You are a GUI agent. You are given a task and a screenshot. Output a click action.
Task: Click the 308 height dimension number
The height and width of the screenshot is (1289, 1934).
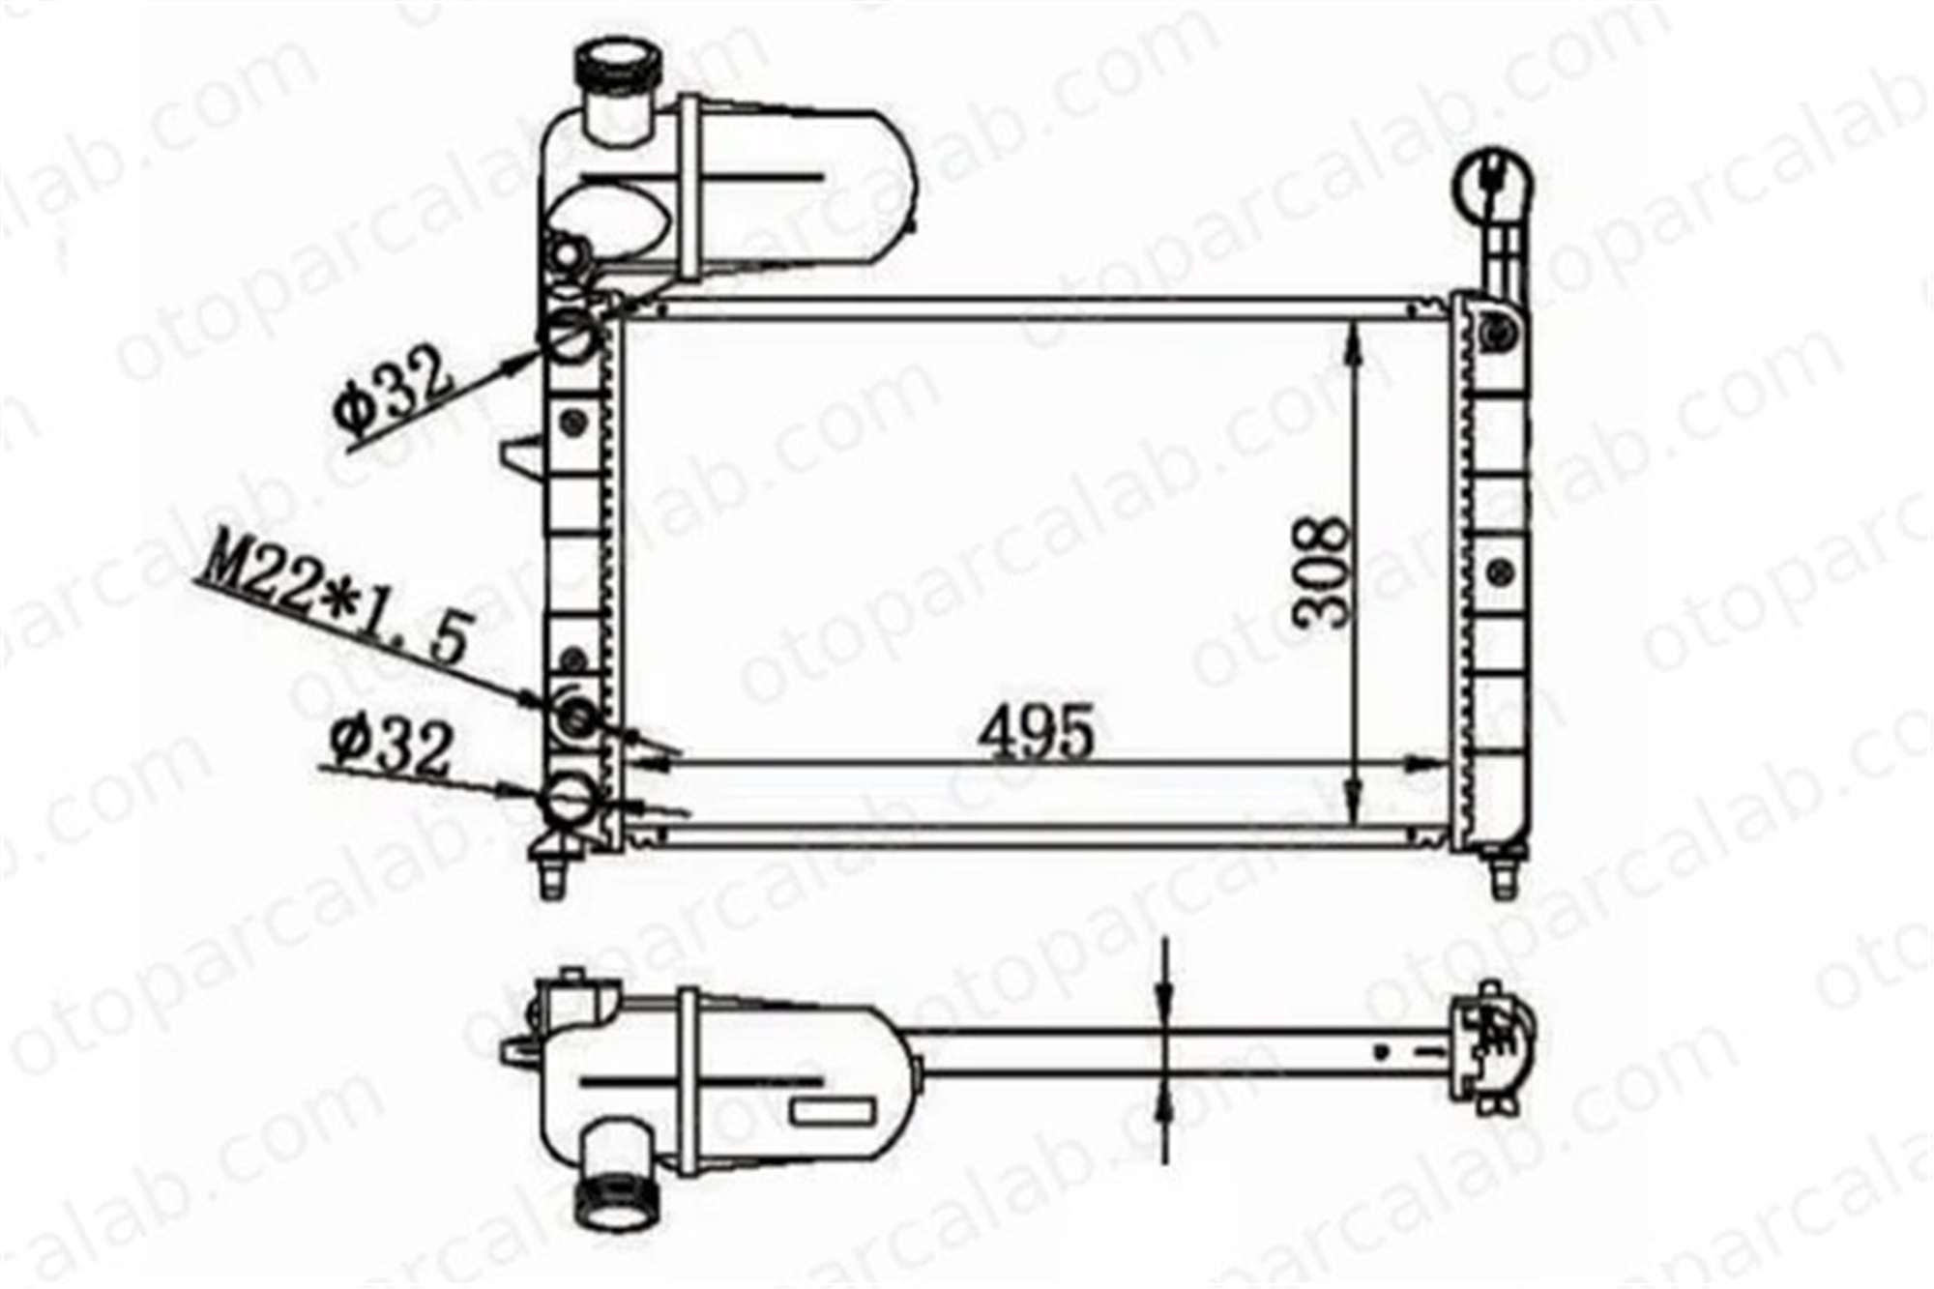coord(1322,572)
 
